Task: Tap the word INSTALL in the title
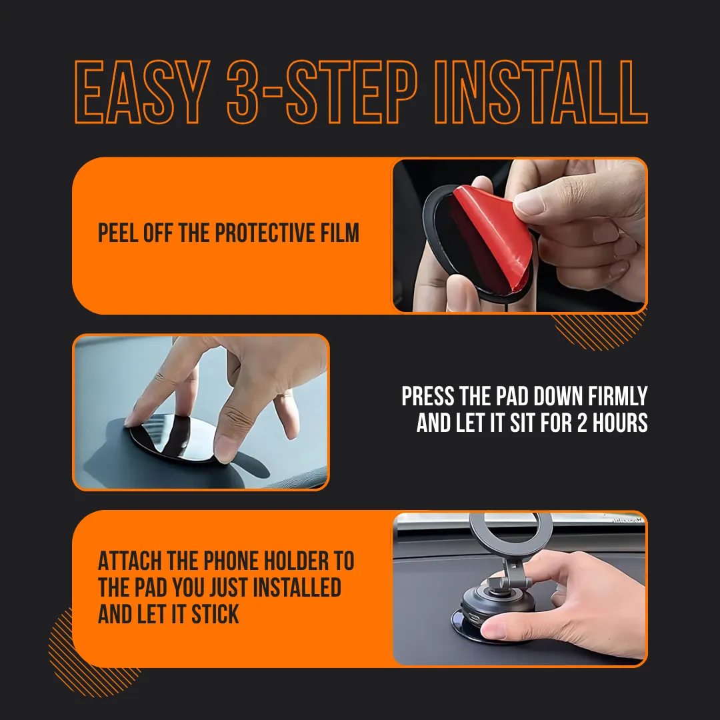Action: point(541,92)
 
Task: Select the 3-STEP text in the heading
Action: point(322,92)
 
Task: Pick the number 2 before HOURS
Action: point(582,423)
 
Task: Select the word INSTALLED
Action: point(297,587)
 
